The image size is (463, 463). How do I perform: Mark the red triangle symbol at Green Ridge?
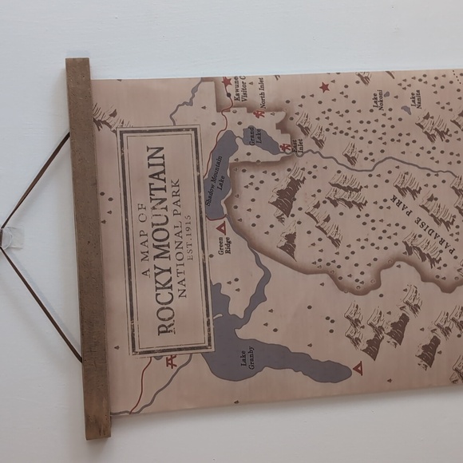click(222, 228)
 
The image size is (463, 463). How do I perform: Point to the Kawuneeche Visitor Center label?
click(243, 94)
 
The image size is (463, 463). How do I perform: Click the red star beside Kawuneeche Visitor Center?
click(227, 83)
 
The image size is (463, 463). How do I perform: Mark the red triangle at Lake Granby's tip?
click(358, 370)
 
